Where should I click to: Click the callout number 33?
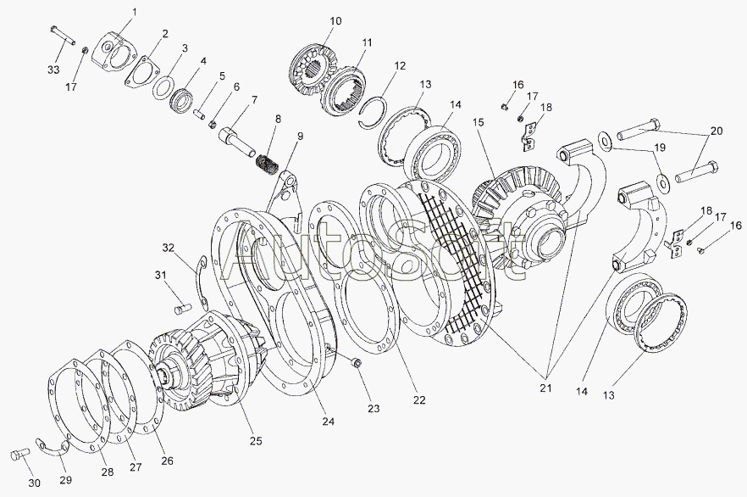point(53,70)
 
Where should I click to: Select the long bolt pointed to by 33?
point(63,36)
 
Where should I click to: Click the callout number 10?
point(335,21)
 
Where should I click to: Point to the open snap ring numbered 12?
point(373,114)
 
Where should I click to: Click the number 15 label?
point(478,122)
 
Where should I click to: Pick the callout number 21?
point(545,388)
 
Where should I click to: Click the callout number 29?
point(65,480)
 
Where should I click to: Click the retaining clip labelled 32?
point(202,282)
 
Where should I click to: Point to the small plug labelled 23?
point(356,363)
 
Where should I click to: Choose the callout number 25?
point(256,441)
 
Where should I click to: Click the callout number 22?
point(419,400)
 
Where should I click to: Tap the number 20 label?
point(716,131)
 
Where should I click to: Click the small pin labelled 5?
point(200,115)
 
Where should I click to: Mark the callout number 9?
point(300,136)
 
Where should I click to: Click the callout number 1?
point(134,11)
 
